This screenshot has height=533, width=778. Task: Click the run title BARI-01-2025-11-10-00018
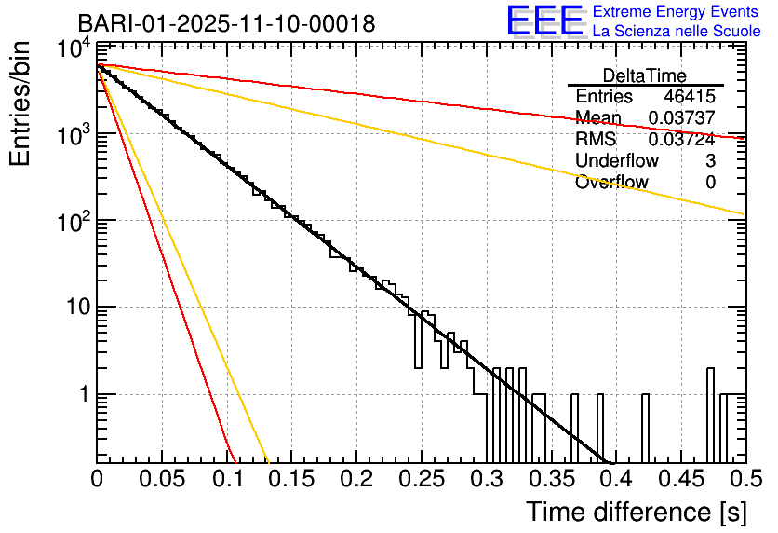tap(226, 23)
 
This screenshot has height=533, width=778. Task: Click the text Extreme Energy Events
tap(677, 12)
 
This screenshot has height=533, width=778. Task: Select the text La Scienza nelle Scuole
tap(677, 31)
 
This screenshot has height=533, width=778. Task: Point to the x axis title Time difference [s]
tap(636, 512)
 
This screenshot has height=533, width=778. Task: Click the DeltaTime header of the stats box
tap(645, 75)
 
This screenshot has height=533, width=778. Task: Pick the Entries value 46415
tap(690, 97)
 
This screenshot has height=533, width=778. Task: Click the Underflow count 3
tap(710, 161)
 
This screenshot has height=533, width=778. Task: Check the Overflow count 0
tap(710, 183)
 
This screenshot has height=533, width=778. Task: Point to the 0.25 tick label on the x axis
tap(421, 479)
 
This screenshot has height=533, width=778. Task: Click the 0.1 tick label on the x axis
tap(226, 479)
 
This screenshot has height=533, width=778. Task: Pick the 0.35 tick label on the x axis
tap(550, 479)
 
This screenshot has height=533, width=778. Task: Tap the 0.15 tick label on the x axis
tap(291, 479)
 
